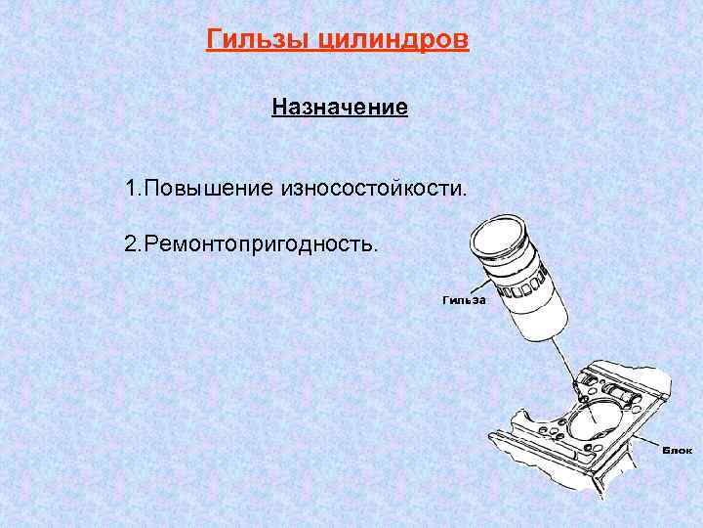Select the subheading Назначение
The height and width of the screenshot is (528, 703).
pos(340,106)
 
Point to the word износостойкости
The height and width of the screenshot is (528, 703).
pos(374,186)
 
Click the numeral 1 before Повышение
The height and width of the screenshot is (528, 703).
pos(131,186)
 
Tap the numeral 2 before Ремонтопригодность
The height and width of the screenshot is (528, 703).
pos(131,242)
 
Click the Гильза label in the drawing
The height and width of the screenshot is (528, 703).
pos(463,300)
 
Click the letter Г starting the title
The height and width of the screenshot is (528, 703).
pos(214,40)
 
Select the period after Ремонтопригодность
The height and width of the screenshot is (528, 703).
pos(374,247)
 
